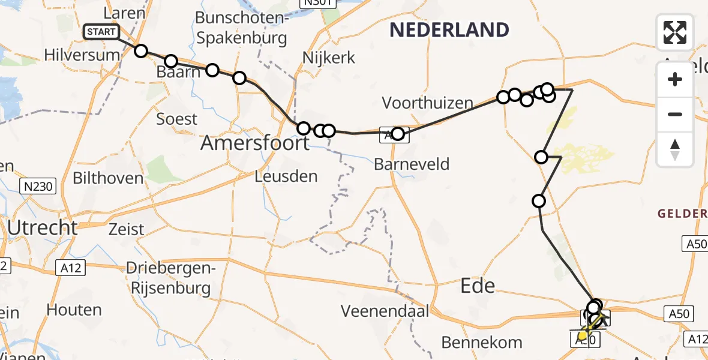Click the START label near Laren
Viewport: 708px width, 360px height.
(101, 32)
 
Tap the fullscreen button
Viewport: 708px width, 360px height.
(675, 32)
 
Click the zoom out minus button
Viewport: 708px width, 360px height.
(675, 114)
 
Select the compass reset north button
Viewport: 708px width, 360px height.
(675, 149)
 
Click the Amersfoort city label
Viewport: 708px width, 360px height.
(255, 143)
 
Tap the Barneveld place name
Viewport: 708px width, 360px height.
(411, 164)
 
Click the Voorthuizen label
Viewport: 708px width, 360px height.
(427, 103)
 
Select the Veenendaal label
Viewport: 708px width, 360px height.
(385, 311)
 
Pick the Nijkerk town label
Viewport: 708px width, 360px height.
(329, 58)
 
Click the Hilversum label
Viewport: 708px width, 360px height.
(82, 55)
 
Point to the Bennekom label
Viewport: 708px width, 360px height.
(481, 343)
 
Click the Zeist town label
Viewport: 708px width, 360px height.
(127, 229)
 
